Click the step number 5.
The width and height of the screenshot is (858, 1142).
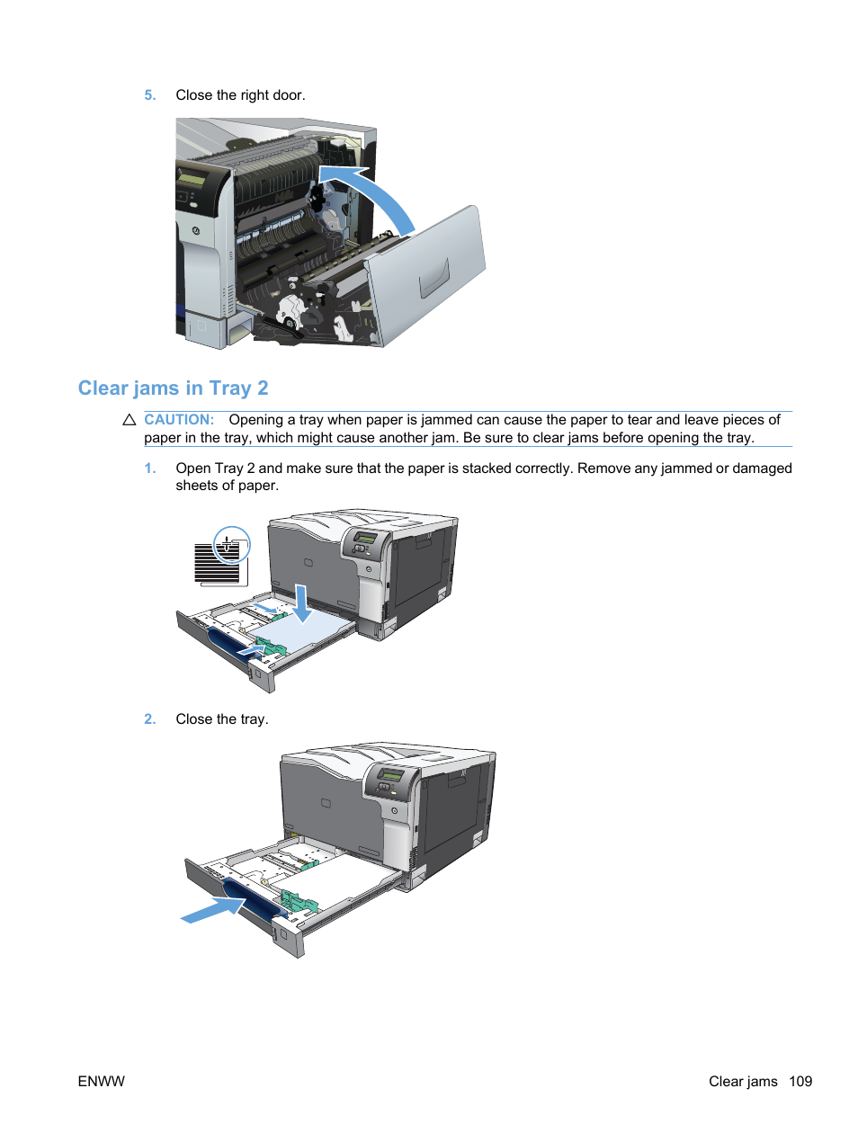tap(149, 95)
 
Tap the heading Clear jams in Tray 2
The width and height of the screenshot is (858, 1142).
tap(173, 388)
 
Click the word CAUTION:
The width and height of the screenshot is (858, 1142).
tap(179, 420)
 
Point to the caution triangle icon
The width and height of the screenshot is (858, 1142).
tap(129, 420)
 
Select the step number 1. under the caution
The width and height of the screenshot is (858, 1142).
tap(149, 468)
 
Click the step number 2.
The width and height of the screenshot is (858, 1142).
tap(149, 719)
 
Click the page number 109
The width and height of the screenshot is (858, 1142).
tap(800, 1082)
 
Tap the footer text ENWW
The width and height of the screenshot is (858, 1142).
tap(101, 1082)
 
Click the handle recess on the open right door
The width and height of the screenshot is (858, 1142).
tap(434, 277)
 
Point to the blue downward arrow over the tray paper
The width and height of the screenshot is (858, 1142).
tap(302, 603)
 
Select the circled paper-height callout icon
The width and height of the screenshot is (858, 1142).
tap(231, 545)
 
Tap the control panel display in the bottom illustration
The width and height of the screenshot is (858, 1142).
tap(392, 775)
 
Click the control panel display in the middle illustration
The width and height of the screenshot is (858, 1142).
tap(366, 538)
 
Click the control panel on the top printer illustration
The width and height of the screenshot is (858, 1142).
tap(192, 180)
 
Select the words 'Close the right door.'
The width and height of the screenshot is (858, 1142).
tap(240, 95)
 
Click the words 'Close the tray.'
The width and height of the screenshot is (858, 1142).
tap(221, 719)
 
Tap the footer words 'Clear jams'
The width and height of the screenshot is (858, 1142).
tap(743, 1082)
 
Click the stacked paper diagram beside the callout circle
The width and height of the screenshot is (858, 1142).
tap(217, 566)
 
